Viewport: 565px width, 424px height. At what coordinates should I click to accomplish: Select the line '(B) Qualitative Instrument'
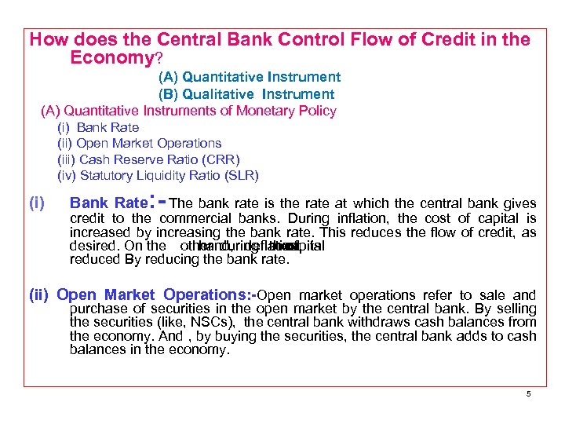[246, 94]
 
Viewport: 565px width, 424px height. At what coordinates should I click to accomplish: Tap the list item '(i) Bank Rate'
[98, 127]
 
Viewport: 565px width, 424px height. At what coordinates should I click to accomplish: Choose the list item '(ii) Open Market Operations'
[140, 143]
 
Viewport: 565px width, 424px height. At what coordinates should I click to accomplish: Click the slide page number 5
[529, 393]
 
